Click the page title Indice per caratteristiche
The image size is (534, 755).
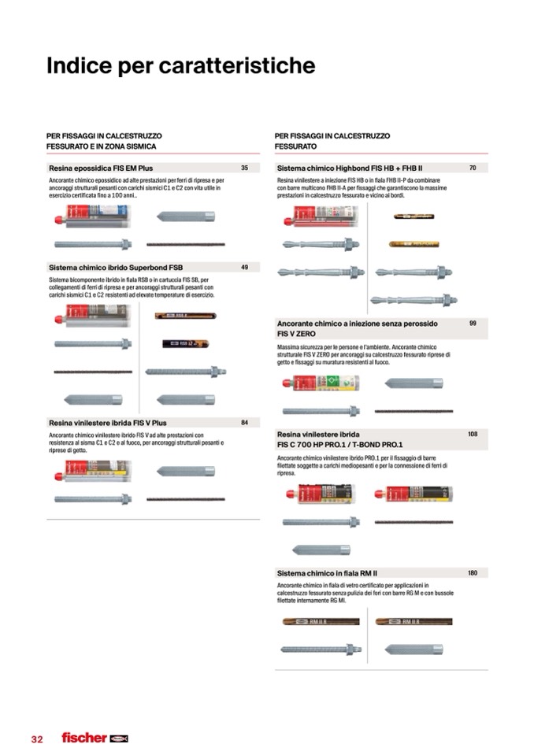(x=181, y=66)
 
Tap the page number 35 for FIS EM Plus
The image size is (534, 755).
(x=244, y=168)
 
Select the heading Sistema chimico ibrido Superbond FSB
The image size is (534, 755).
(x=116, y=268)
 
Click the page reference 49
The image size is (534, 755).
(x=244, y=268)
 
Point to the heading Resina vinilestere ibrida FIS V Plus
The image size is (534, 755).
(x=108, y=423)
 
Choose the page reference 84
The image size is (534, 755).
(x=244, y=423)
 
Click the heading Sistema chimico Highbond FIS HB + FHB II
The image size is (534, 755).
(x=350, y=168)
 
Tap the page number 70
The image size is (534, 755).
(x=473, y=168)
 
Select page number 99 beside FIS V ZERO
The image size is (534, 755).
(x=473, y=324)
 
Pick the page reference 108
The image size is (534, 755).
(x=473, y=434)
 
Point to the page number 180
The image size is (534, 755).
(x=473, y=573)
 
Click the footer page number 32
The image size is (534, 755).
(x=37, y=738)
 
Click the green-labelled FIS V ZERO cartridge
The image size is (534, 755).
(x=321, y=383)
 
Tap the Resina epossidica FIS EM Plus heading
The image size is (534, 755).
(x=101, y=168)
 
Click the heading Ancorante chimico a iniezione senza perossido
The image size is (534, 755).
(x=358, y=324)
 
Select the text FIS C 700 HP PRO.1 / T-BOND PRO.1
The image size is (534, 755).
(x=339, y=445)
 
